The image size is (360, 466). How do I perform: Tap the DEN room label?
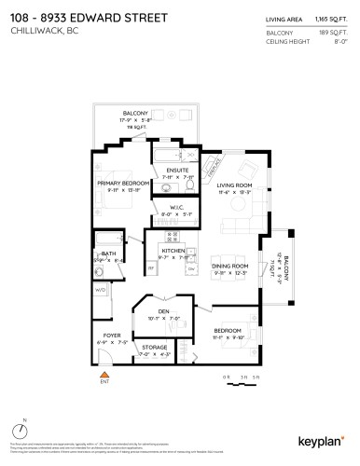tap(163, 311)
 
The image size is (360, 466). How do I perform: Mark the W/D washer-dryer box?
tap(101, 290)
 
